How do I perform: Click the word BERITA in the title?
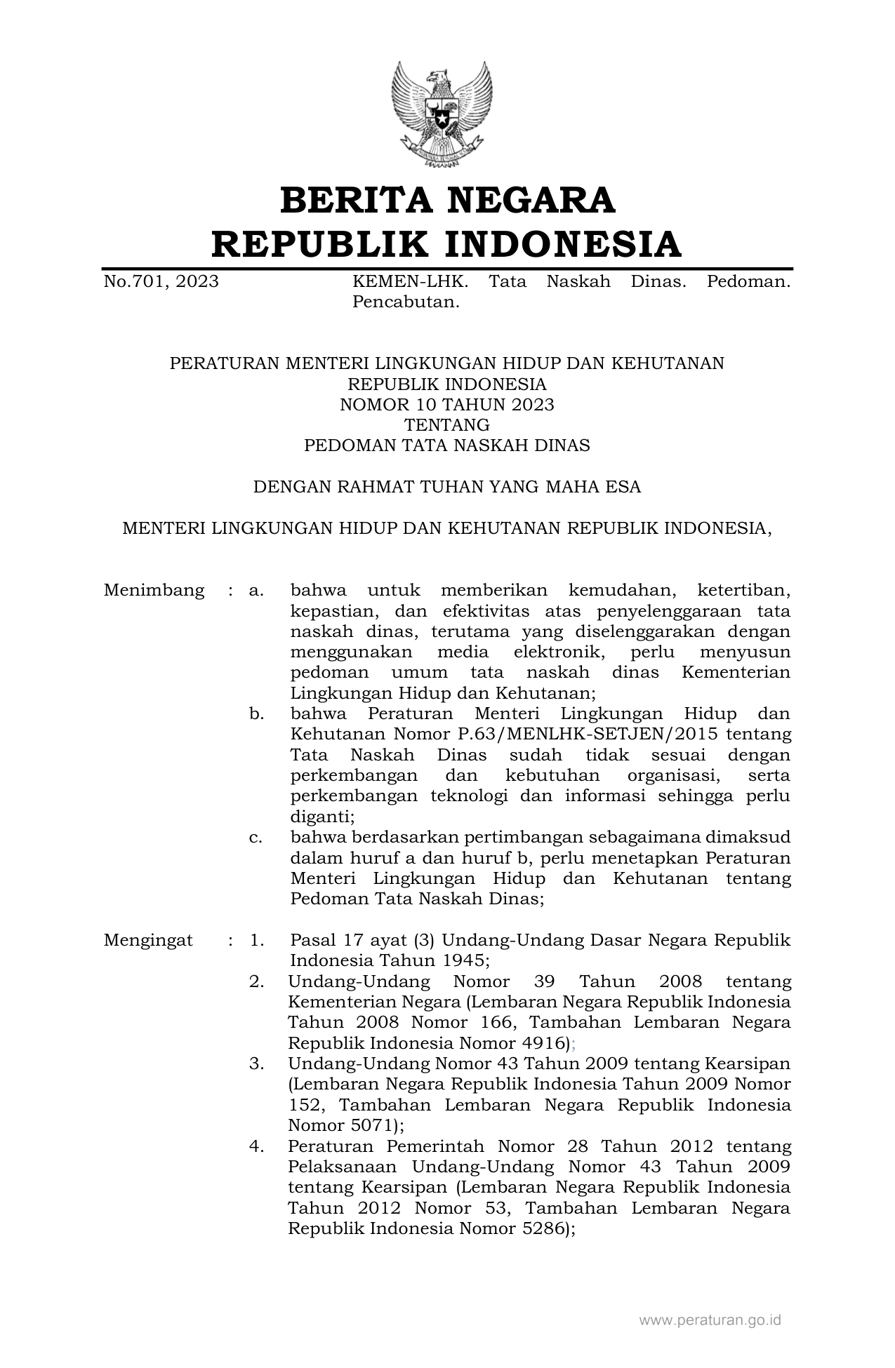359,200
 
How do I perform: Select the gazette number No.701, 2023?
161,282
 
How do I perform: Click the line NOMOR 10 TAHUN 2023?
447,405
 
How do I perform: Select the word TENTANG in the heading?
447,425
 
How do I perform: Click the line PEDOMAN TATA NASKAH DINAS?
447,445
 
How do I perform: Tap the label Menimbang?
154,591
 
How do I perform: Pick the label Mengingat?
148,940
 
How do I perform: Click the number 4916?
542,1042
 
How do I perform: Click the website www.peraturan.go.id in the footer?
710,1320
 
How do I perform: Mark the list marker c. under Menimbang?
256,837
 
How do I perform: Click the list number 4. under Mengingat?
256,1146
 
